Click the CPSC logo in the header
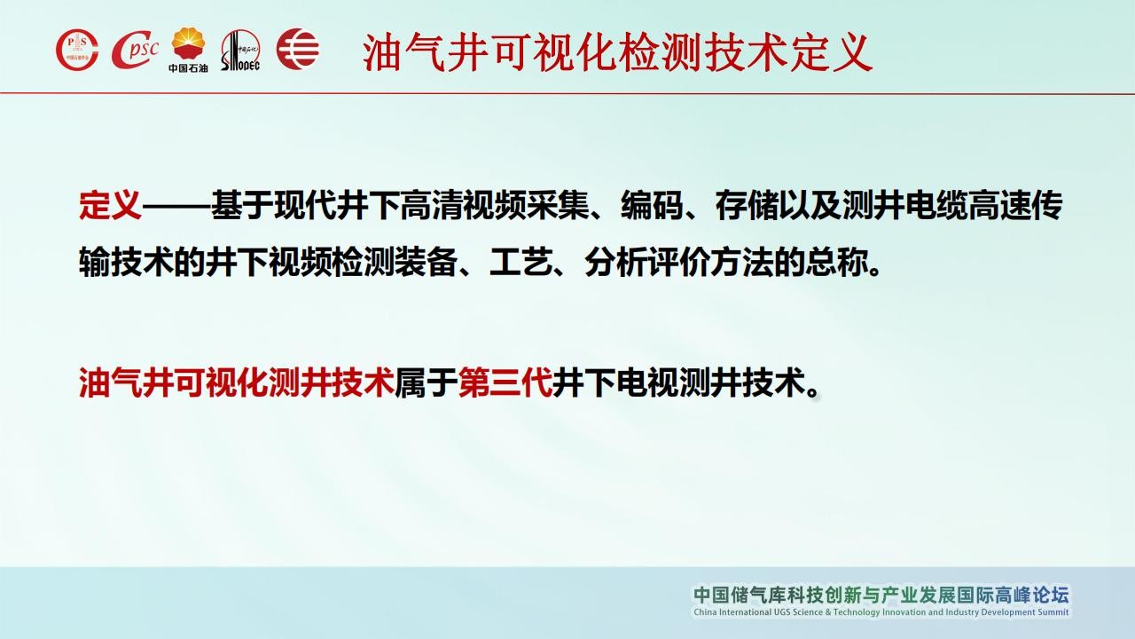pyautogui.click(x=136, y=50)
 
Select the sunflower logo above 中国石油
pyautogui.click(x=189, y=43)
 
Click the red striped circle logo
pyautogui.click(x=298, y=49)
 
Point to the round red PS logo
pyautogui.click(x=77, y=50)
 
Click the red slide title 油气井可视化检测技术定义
pyautogui.click(x=617, y=52)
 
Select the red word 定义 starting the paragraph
pyautogui.click(x=110, y=205)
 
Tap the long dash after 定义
pyautogui.click(x=176, y=207)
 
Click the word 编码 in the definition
pyautogui.click(x=652, y=205)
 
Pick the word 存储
pyautogui.click(x=747, y=205)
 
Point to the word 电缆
pyautogui.click(x=936, y=205)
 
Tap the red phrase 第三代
pyautogui.click(x=505, y=383)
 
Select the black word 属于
pyautogui.click(x=427, y=383)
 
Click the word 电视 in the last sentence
pyautogui.click(x=647, y=383)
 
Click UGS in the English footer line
pyautogui.click(x=781, y=612)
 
